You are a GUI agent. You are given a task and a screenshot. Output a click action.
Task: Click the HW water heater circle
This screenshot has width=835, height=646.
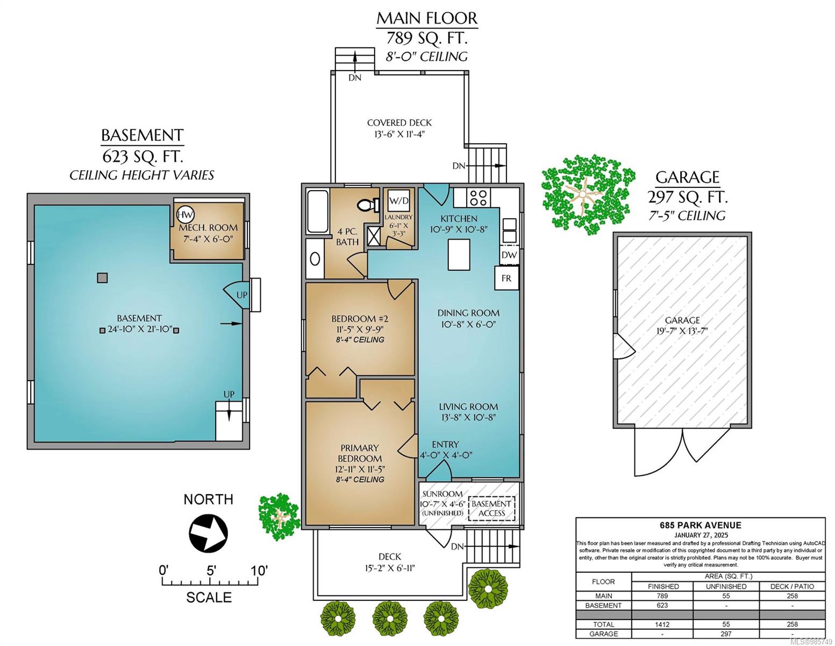(185, 215)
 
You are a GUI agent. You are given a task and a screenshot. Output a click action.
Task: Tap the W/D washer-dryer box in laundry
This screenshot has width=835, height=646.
(399, 200)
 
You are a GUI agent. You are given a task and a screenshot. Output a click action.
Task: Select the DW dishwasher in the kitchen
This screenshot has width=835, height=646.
(509, 255)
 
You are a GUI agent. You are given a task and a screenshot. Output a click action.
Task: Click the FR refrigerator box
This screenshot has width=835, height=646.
(506, 278)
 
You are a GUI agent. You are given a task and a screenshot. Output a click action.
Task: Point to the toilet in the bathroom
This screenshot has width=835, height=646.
(368, 205)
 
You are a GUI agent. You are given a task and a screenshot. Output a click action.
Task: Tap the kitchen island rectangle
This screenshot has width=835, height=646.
(459, 254)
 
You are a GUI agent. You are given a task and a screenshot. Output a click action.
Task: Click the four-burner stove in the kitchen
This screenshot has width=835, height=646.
(479, 198)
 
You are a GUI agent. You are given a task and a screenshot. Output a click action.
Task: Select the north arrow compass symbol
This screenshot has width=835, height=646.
(208, 533)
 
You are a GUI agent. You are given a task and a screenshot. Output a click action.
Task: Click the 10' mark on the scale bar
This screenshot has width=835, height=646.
(259, 570)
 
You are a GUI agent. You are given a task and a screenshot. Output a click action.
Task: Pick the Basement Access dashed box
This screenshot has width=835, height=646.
(491, 508)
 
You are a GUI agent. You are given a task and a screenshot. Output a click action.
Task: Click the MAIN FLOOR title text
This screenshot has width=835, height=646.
(426, 18)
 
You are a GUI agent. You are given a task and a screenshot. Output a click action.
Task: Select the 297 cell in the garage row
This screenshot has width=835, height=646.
(726, 634)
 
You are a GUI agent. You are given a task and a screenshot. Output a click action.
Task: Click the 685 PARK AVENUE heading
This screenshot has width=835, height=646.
(701, 525)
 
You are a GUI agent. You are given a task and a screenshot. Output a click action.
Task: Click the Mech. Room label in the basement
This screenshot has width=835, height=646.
(208, 227)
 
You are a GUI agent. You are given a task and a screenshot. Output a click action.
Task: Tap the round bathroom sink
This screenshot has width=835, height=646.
(315, 259)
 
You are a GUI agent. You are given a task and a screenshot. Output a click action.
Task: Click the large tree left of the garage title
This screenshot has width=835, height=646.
(587, 194)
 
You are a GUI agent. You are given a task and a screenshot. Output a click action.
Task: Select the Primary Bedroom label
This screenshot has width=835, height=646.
(359, 453)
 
